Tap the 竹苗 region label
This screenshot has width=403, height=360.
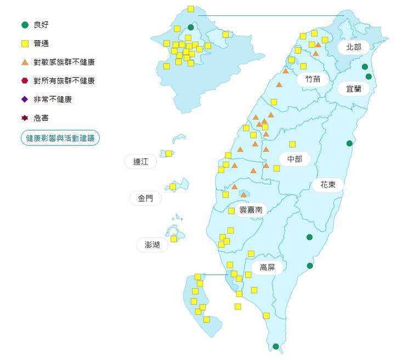313,79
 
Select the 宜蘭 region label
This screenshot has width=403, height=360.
353,88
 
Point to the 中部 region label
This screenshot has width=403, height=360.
295,159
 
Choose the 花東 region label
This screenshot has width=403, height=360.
327,184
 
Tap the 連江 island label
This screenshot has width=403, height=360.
140,162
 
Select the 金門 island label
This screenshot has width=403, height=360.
145,199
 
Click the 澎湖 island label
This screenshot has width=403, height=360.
152,245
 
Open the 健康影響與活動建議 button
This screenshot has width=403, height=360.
60,138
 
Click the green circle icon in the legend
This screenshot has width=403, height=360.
24,25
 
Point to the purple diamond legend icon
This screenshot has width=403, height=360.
24,99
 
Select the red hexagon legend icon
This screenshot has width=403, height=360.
24,81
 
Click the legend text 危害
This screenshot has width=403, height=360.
41,118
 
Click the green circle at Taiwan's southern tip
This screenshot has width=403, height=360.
276,346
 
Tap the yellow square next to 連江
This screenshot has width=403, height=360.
169,154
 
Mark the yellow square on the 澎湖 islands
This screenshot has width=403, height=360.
174,239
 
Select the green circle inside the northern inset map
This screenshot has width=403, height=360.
191,27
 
